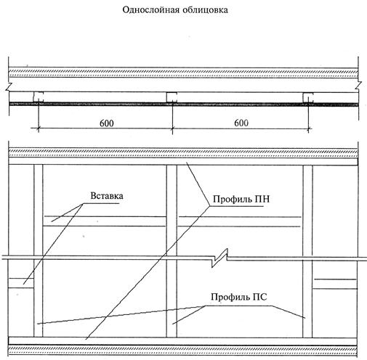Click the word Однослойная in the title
pos(150,10)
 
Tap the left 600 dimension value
pos(107,123)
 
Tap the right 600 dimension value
pos(241,123)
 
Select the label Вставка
pos(107,196)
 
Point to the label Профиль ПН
pos(241,200)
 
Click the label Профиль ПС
pos(239,297)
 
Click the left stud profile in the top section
pos(39,97)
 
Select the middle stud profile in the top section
pos(172,97)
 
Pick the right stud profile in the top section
pos(308,97)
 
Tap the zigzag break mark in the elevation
pos(220,258)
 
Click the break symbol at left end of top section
pos(9,86)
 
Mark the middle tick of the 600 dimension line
pos(172,128)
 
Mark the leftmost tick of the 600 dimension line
pos(39,128)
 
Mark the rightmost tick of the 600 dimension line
pos(308,128)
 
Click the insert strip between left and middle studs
pos(105,221)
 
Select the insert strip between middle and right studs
pos(240,221)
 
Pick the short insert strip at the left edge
pos(21,283)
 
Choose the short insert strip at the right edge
pos(335,284)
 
